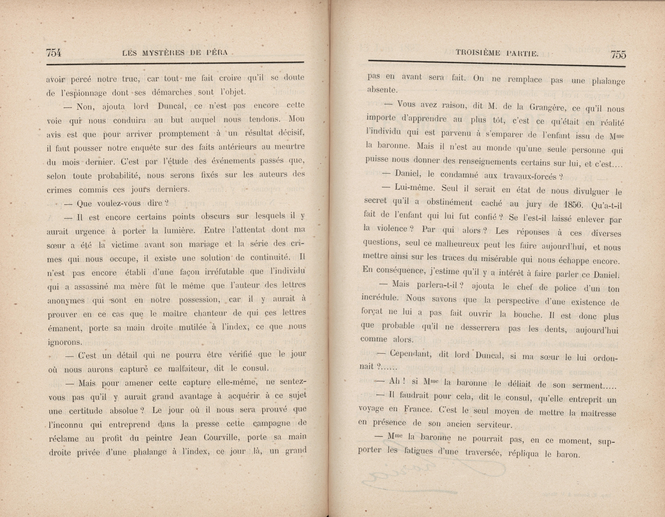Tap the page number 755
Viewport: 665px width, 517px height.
click(x=618, y=55)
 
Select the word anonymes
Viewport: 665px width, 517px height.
click(x=66, y=300)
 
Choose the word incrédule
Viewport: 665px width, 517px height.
click(x=380, y=298)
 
